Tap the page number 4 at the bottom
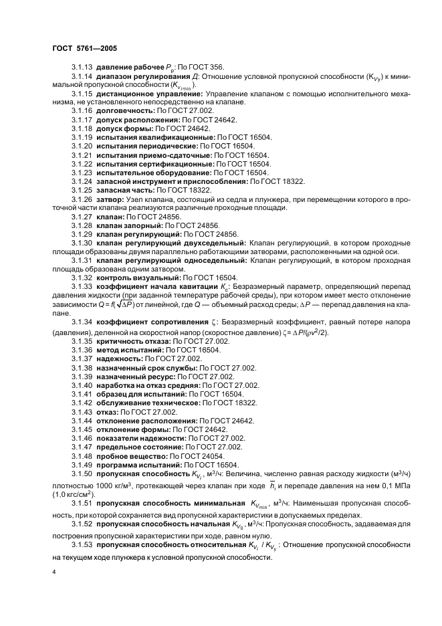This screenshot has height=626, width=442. [54, 572]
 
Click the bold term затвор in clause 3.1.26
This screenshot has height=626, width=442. [110, 199]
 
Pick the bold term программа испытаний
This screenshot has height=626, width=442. [138, 465]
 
